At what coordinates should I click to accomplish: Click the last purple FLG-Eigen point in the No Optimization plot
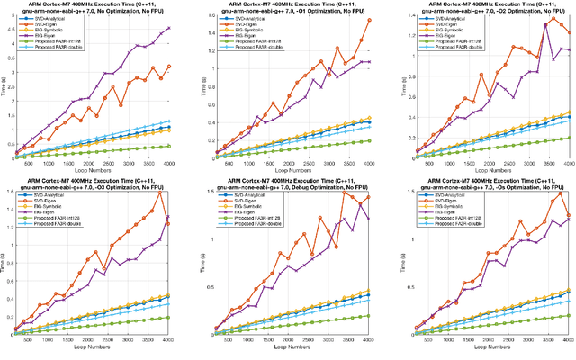pyautogui.click(x=169, y=28)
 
